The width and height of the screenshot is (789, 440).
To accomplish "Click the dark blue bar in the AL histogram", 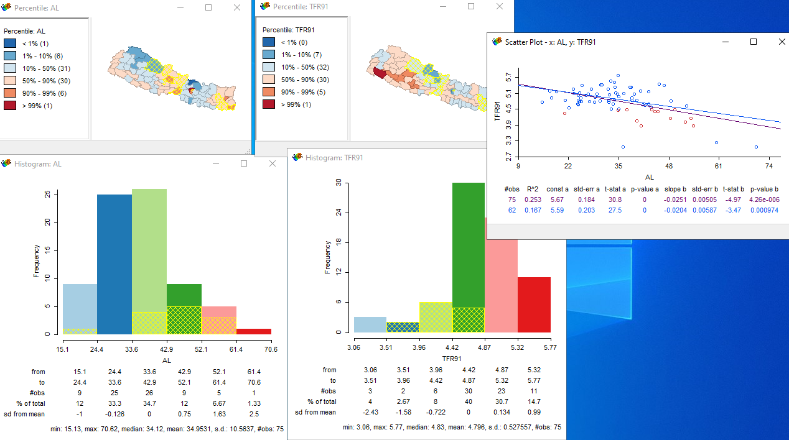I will coord(114,264).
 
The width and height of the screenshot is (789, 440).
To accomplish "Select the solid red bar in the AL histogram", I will coord(253,331).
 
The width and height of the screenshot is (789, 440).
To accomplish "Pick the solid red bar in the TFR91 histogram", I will coord(534,305).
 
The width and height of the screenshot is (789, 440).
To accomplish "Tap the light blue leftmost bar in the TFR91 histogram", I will coord(370,324).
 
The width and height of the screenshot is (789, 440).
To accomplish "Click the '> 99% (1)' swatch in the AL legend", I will coord(10,105).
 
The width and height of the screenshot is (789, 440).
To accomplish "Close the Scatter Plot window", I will coord(782,42).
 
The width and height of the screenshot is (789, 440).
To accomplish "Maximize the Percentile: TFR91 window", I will coord(471,7).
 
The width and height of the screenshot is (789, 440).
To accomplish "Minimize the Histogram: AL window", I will coord(215,163).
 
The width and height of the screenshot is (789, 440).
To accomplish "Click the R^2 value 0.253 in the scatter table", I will coord(532,199).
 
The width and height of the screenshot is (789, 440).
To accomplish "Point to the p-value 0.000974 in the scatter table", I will coord(765,211).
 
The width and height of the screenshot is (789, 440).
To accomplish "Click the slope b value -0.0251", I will coord(675,199).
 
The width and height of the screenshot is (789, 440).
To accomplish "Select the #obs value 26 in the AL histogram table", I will coord(149,393).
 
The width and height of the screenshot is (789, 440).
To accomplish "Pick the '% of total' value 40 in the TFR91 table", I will coord(467,401).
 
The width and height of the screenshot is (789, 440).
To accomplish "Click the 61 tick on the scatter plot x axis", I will coord(718,167).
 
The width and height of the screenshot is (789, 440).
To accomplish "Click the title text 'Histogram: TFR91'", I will coord(334,158).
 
